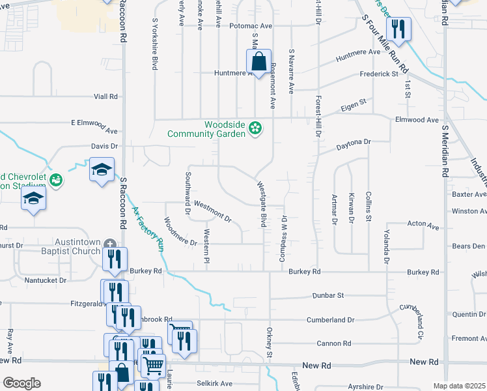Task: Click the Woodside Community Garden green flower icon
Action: point(256,128)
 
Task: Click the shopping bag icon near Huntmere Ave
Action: point(259,63)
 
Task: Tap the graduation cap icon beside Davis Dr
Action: point(102,170)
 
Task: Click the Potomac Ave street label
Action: point(251,26)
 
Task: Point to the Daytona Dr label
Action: point(354,141)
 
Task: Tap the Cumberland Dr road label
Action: point(333,320)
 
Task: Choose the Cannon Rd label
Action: point(335,343)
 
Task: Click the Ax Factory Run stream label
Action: point(147,229)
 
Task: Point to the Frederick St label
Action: point(379,74)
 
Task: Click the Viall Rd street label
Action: point(105,96)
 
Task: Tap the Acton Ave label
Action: point(424,225)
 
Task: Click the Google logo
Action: point(22,383)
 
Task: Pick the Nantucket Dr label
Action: point(46,280)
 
